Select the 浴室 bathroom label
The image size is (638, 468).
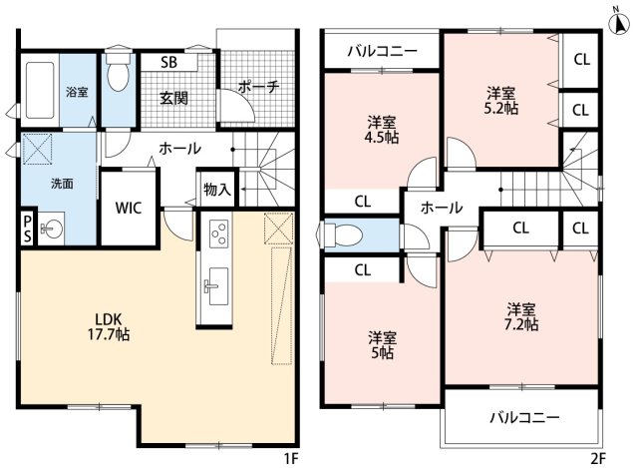tap(78, 91)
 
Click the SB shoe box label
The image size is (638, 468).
tap(169, 61)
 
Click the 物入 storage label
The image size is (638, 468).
tap(216, 189)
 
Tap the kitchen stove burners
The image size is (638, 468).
tap(218, 236)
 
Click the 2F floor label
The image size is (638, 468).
tap(598, 458)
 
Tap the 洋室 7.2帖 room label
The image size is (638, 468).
tap(521, 316)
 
